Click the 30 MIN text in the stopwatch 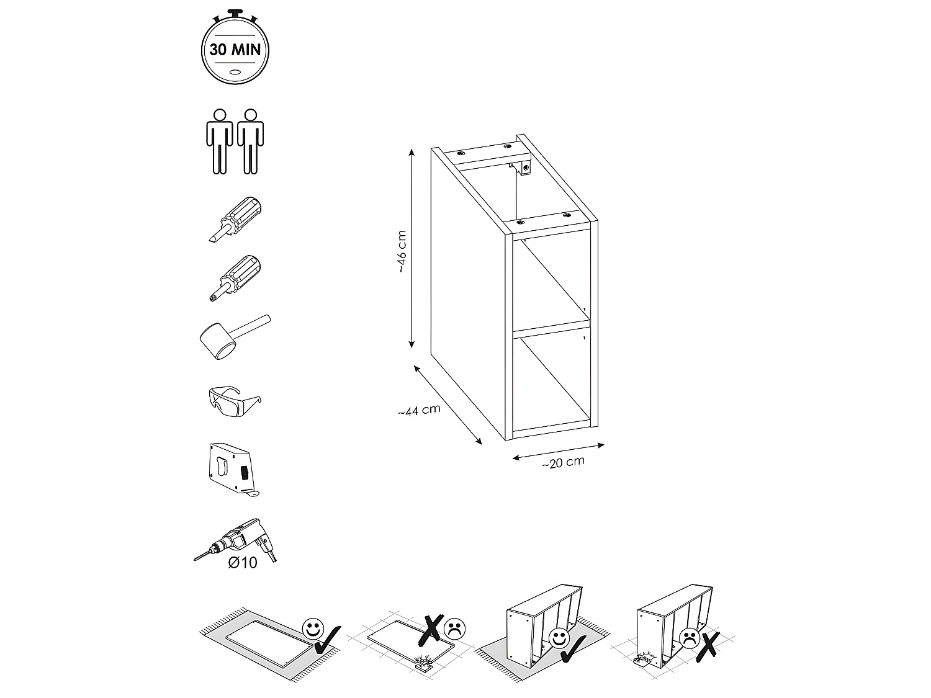235,50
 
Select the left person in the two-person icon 218,141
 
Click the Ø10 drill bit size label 243,562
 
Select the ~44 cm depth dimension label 420,410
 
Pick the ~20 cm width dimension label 563,462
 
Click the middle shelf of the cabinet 549,326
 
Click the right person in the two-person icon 250,141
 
